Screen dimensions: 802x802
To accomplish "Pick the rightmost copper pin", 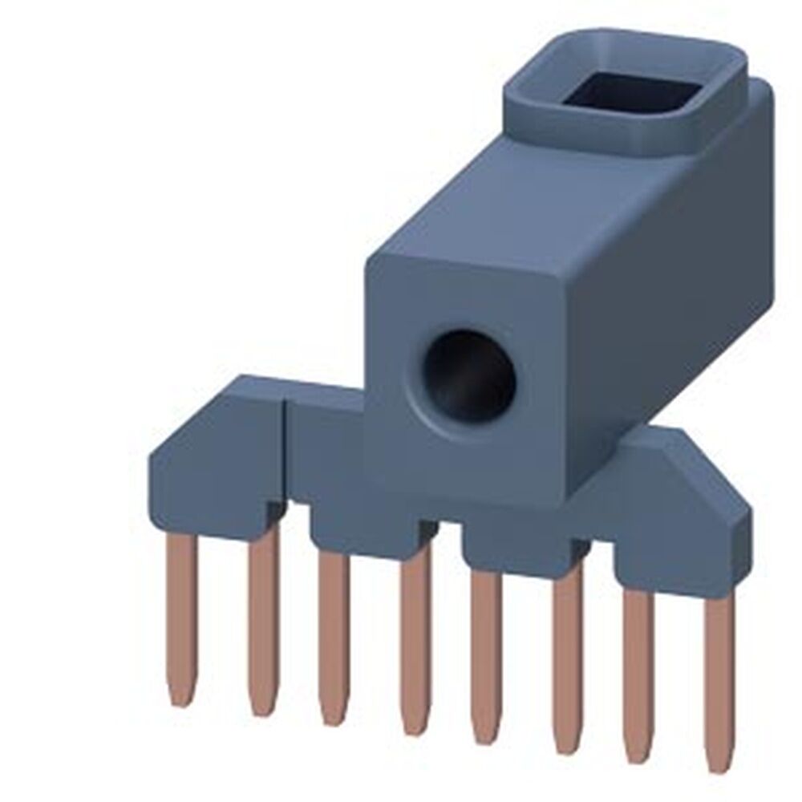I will click(719, 674).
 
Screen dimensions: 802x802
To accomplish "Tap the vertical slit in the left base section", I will click(286, 449).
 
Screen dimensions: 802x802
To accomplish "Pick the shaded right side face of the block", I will click(682, 305).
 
